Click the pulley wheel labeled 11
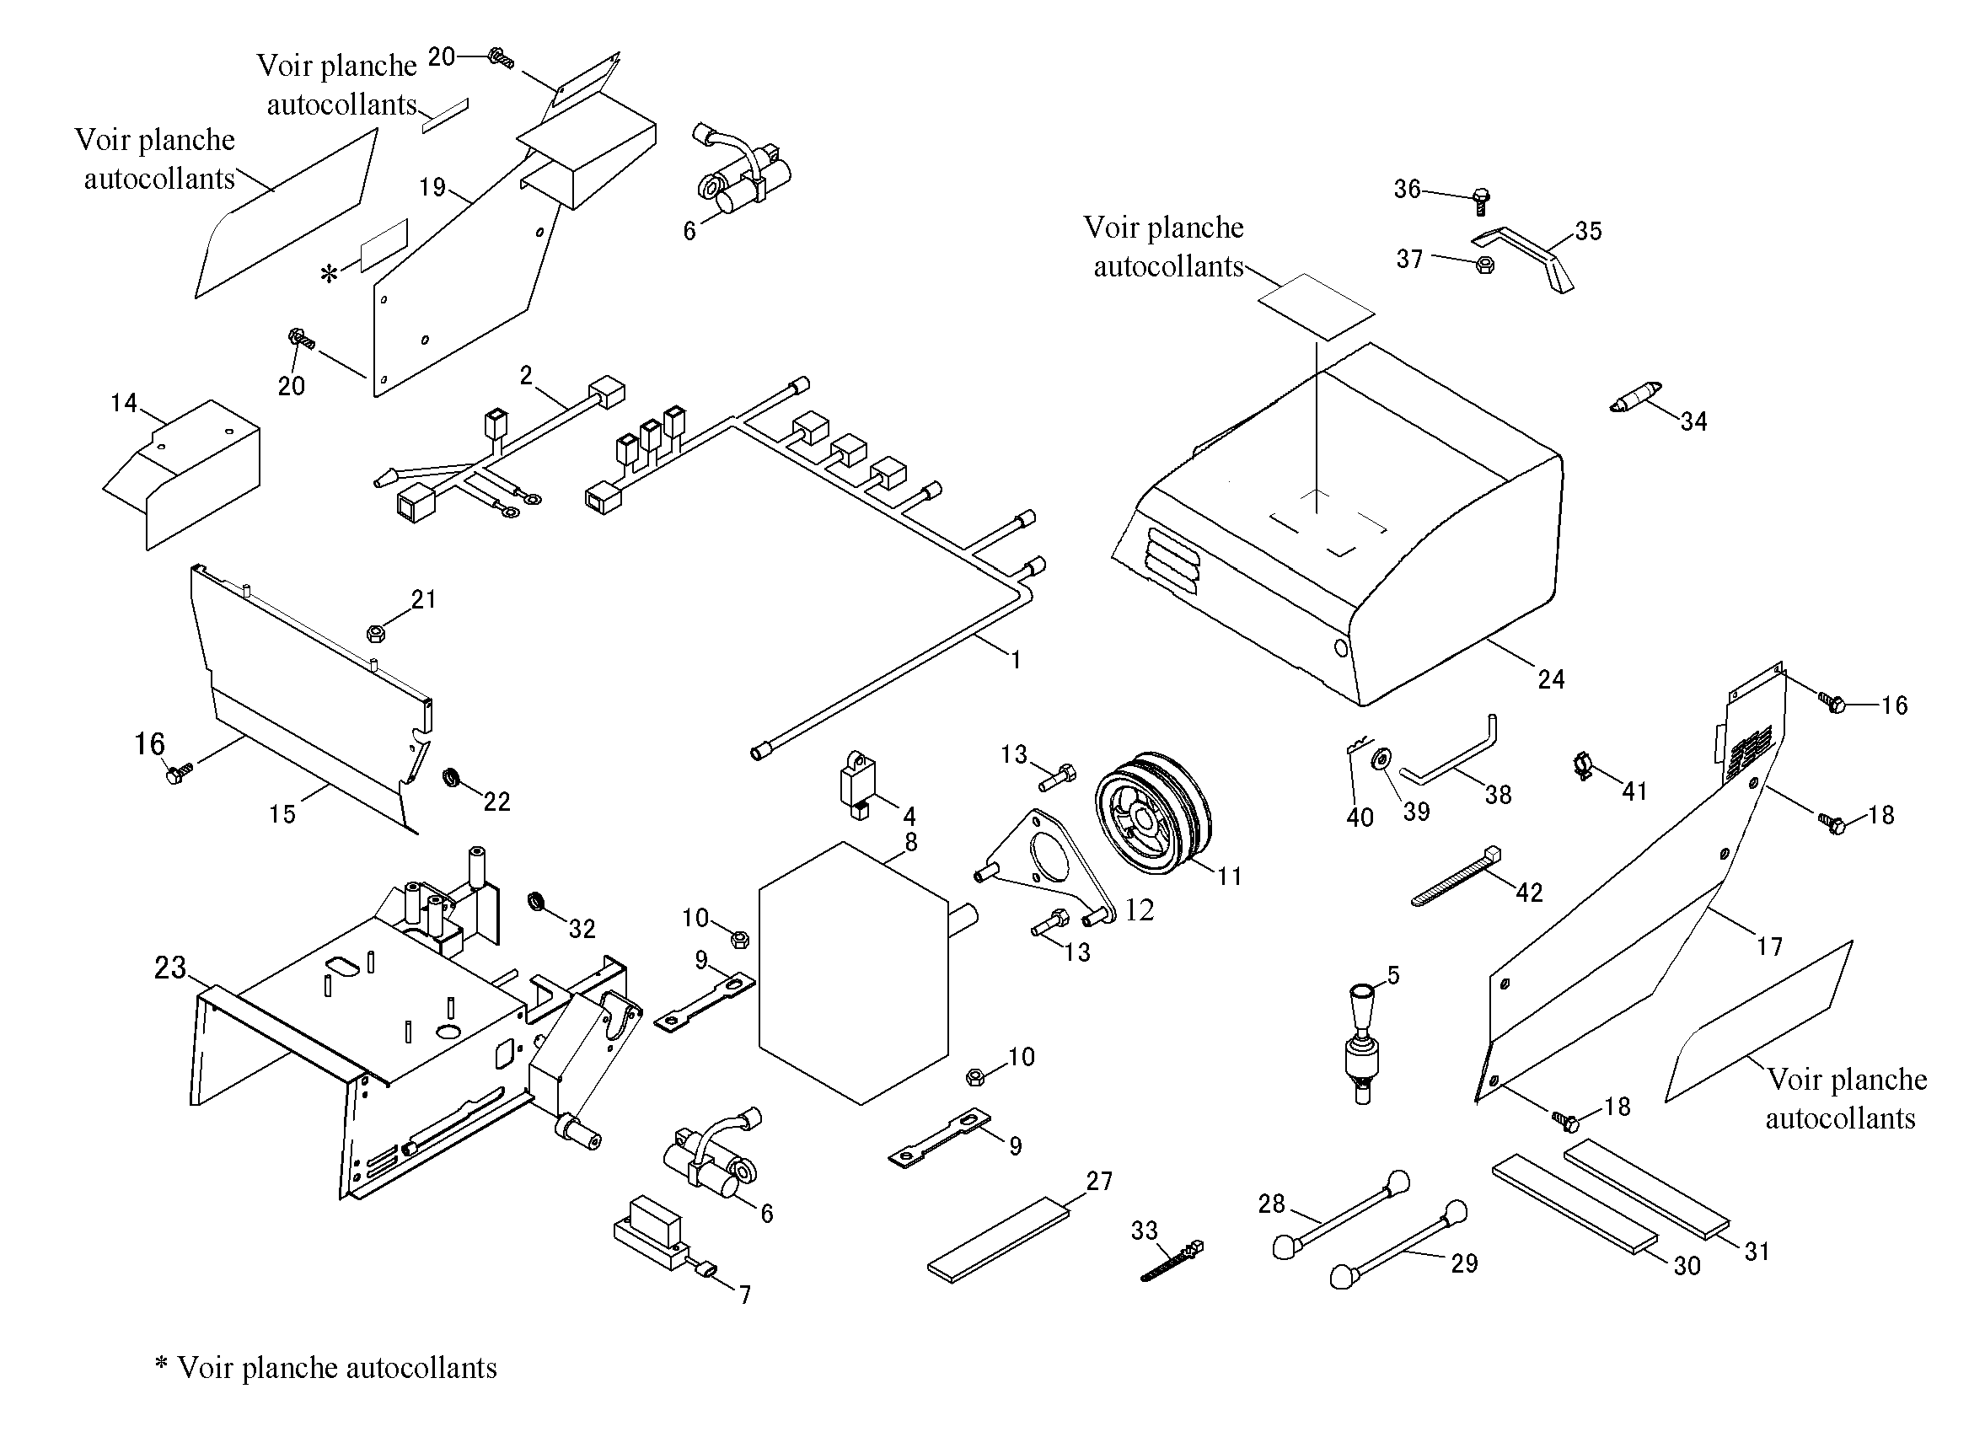1154,807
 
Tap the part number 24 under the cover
1551,679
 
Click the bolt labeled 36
1481,201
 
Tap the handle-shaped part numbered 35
1524,257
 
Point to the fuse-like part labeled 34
1636,398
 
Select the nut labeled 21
374,632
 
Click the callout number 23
170,967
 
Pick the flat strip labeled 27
999,1240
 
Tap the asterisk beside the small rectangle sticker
329,275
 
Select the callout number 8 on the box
911,842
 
